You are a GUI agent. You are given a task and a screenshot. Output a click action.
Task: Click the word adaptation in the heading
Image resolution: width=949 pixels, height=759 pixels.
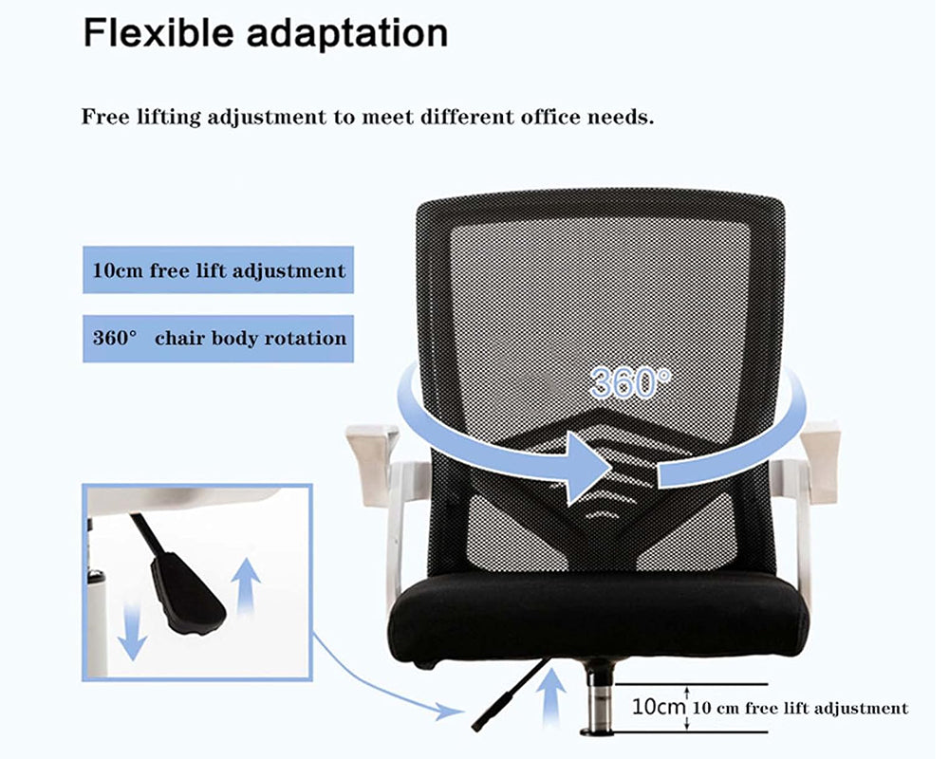pyautogui.click(x=347, y=34)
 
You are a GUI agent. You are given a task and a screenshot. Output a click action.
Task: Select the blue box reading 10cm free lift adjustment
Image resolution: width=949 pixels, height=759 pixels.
pyautogui.click(x=218, y=270)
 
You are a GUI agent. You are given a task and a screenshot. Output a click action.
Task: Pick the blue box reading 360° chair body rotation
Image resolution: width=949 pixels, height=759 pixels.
pyautogui.click(x=218, y=338)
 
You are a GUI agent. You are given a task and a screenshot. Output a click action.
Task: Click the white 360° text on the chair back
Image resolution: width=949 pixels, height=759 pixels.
pyautogui.click(x=629, y=381)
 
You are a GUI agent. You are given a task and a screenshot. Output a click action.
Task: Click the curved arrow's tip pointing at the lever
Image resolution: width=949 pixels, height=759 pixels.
pyautogui.click(x=456, y=710)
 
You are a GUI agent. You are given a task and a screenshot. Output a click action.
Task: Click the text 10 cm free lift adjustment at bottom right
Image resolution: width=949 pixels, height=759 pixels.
pyautogui.click(x=800, y=708)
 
